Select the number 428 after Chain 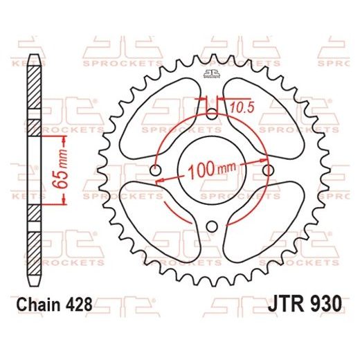[x=78, y=305]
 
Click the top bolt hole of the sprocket [x=212, y=114]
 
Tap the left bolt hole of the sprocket [x=155, y=170]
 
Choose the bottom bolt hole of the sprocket [x=212, y=226]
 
